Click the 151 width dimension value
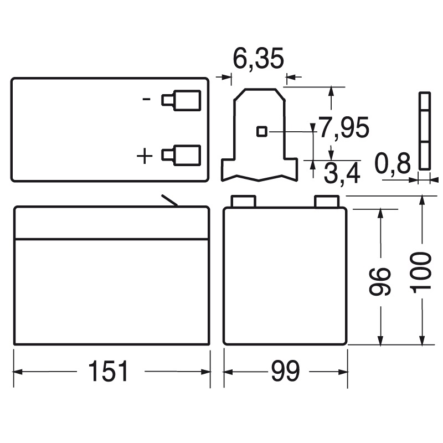(x=109, y=371)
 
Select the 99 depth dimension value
(x=285, y=371)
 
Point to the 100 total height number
(x=422, y=271)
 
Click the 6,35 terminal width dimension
(x=258, y=59)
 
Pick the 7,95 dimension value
(x=343, y=128)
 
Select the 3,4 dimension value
(x=342, y=174)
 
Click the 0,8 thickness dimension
(x=392, y=164)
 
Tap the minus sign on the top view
(x=147, y=100)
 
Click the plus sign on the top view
(x=145, y=157)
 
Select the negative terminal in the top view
(x=182, y=100)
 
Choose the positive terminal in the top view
(x=182, y=155)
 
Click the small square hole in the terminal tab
(x=262, y=131)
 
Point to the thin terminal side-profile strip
(x=424, y=131)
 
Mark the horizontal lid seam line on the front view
(x=111, y=239)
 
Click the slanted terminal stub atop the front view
(x=169, y=201)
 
